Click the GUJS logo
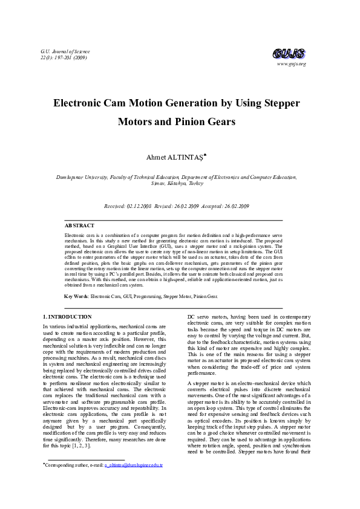pyautogui.click(x=289, y=53)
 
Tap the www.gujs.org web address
pyautogui.click(x=292, y=64)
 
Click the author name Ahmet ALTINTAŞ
pyautogui.click(x=175, y=158)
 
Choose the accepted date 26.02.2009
pyautogui.click(x=234, y=206)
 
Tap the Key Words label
pyautogui.click(x=76, y=296)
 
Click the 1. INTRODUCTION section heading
pyautogui.click(x=68, y=317)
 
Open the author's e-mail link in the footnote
pyautogui.click(x=134, y=482)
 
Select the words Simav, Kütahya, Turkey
pyautogui.click(x=180, y=184)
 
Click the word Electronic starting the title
pyautogui.click(x=80, y=103)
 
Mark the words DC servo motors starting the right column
pyautogui.click(x=209, y=317)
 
